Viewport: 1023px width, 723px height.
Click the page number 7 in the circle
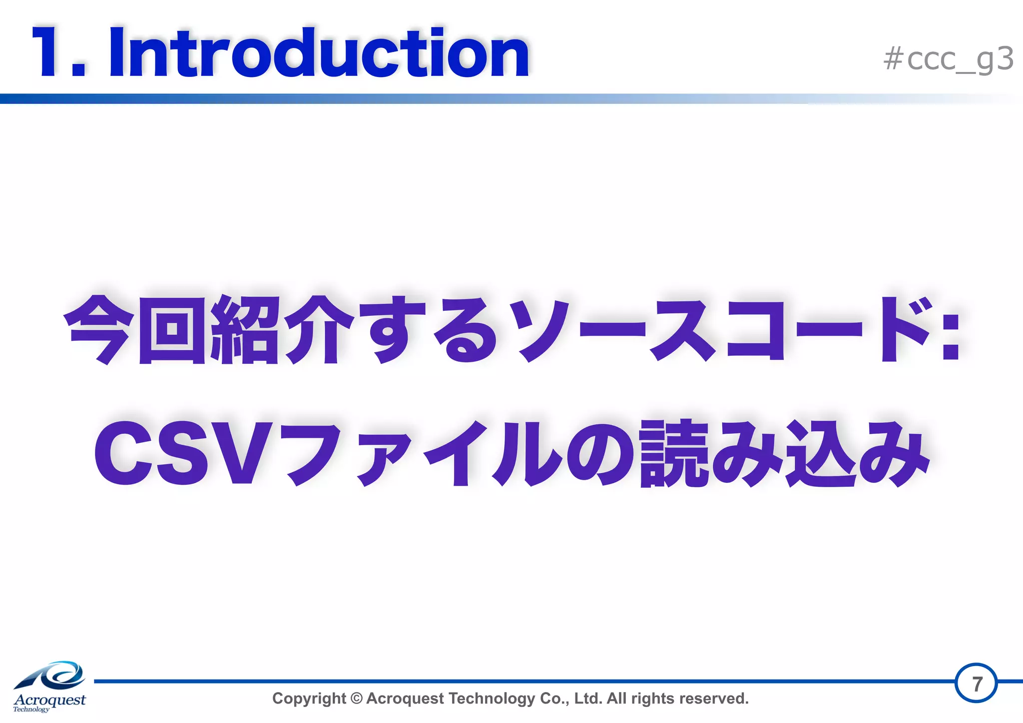[x=977, y=683]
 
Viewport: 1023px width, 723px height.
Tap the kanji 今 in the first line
[x=100, y=330]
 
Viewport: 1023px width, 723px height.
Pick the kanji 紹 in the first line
[x=245, y=330]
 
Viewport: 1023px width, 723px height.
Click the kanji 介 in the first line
[x=320, y=330]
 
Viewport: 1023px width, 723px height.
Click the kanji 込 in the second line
[x=819, y=454]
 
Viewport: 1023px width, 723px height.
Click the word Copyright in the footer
[x=309, y=699]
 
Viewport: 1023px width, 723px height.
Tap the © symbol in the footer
[x=356, y=698]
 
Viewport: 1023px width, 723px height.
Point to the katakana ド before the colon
[x=904, y=330]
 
